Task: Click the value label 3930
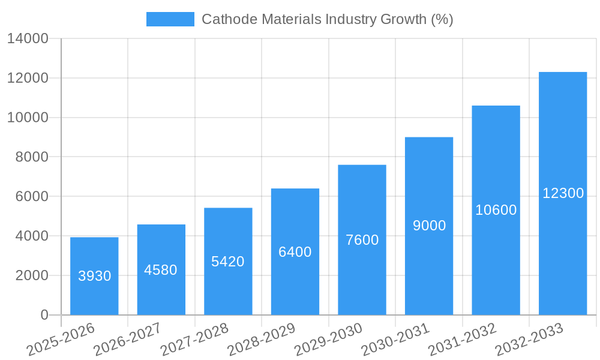tap(95, 276)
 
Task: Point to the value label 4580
tap(161, 270)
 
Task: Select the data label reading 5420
tap(228, 262)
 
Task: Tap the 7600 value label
tap(362, 240)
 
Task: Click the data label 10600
tap(496, 210)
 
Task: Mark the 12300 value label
tap(563, 193)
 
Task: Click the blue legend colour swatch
tap(170, 19)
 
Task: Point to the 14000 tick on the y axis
tap(28, 38)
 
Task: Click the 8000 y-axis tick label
tap(31, 157)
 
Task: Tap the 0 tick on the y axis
tap(44, 315)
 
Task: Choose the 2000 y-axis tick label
tap(31, 275)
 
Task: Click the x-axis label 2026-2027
tap(127, 340)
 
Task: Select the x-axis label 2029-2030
tap(328, 340)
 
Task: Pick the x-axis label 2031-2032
tap(462, 340)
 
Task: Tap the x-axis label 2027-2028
tap(194, 340)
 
